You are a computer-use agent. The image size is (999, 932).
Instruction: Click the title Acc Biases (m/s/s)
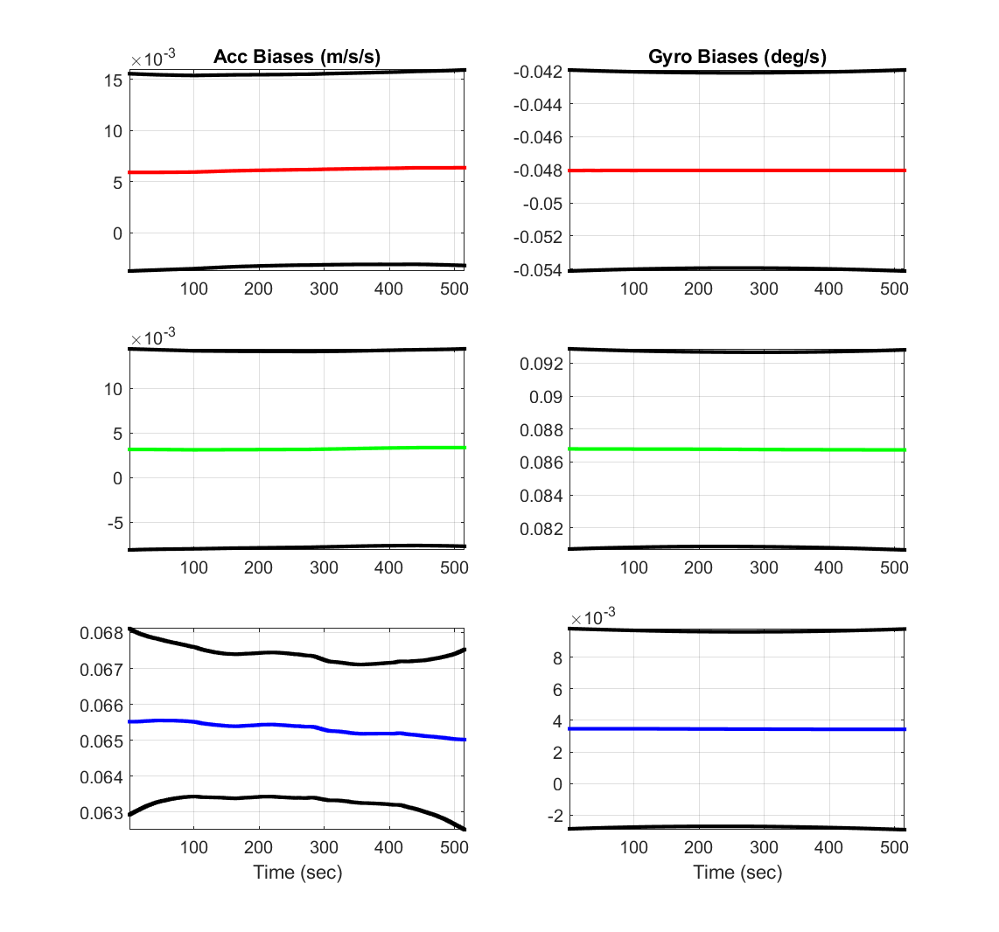coord(297,57)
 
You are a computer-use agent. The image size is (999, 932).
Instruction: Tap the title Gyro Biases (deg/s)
coord(737,57)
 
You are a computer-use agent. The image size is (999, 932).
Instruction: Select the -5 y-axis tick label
coord(114,523)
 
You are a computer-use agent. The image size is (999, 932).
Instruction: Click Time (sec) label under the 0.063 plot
coord(297,872)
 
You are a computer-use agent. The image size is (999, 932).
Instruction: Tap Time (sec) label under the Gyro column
coord(737,872)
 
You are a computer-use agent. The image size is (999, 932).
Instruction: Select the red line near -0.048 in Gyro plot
coord(737,170)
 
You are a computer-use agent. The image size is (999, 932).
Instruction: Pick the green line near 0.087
coord(737,449)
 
